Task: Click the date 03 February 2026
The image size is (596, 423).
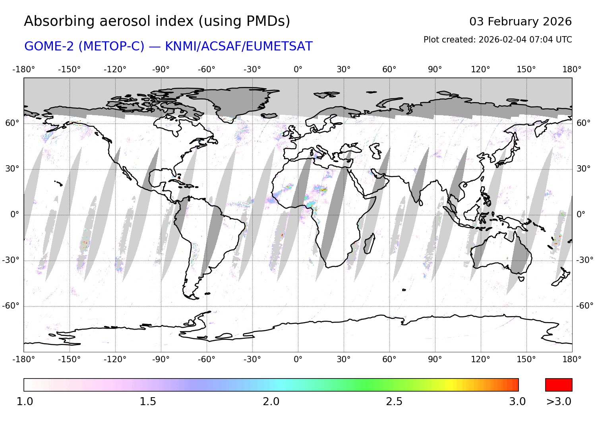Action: pos(520,21)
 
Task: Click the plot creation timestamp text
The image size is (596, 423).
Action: pos(497,40)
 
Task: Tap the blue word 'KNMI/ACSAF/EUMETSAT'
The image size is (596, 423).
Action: pos(238,46)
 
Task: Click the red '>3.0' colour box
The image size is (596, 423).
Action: pos(559,385)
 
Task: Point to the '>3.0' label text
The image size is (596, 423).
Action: pos(559,402)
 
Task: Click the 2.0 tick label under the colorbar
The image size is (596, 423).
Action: pos(271,402)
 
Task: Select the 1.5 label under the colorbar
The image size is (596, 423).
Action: pos(148,402)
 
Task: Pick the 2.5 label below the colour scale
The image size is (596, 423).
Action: pos(394,402)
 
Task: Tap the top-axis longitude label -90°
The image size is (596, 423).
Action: pos(161,70)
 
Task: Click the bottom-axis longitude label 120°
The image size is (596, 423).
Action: pos(480,359)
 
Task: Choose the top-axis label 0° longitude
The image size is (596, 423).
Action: pos(298,70)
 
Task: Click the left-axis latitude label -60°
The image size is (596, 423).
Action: pos(11,306)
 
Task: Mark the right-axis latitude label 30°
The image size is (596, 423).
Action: pos(583,169)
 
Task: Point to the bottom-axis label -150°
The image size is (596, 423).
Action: pos(69,359)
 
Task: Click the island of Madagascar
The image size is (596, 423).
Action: pos(369,244)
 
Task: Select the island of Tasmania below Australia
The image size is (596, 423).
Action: pos(521,279)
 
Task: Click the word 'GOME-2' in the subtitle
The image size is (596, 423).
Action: pos(49,46)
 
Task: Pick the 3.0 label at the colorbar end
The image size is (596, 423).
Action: pos(517,402)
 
